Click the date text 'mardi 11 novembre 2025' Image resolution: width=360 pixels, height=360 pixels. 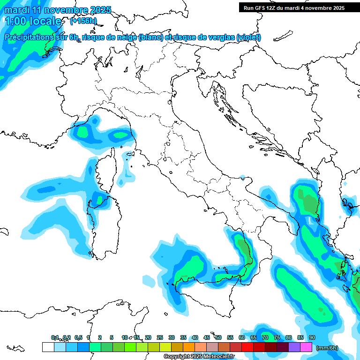pos(57,10)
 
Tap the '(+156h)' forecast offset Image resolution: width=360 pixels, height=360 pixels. pos(83,21)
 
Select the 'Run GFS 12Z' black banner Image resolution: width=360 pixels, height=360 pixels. pos(294,7)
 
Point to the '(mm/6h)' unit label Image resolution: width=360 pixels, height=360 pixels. pos(327,348)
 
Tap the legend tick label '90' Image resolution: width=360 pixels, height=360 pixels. pos(312,337)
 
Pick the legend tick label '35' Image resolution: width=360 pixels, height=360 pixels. pos(183,337)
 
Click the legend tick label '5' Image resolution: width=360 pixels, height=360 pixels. pos(112,337)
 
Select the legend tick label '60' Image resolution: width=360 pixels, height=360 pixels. pos(242,337)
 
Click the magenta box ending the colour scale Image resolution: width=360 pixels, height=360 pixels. pos(306,347)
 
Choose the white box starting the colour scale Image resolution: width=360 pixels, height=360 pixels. pos(48,347)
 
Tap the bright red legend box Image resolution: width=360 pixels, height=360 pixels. pos(247,347)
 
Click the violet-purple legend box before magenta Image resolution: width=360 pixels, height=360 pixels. pos(294,347)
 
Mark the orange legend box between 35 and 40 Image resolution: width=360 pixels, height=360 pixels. pos(189,347)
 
